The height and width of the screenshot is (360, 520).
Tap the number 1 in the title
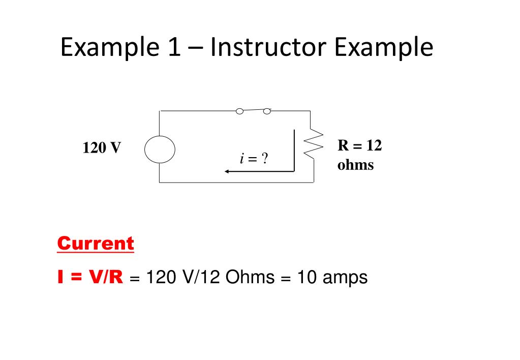[171, 48]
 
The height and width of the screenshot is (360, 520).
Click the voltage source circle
[160, 149]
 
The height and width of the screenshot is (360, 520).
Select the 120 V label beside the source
[102, 148]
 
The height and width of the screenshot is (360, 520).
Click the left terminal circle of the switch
[239, 111]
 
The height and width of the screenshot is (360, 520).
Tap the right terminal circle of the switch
[267, 111]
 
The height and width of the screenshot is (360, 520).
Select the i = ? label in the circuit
[254, 159]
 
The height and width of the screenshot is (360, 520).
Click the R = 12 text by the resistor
[359, 146]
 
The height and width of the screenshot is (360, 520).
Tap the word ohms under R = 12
[355, 165]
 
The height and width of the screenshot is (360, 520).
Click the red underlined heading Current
[95, 244]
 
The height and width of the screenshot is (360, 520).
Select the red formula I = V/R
[90, 277]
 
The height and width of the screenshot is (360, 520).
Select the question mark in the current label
[264, 159]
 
